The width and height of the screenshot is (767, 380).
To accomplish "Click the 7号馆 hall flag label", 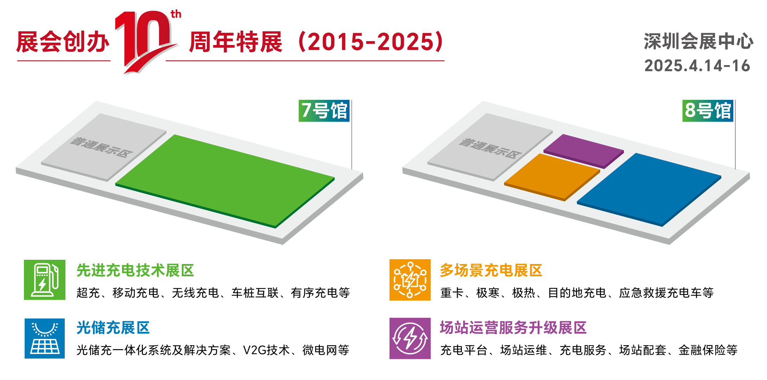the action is (324, 111).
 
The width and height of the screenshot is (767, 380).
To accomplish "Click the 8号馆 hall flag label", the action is (708, 111).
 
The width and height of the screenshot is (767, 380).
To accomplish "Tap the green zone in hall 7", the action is (225, 181).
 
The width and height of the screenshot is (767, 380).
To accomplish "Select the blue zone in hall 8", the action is (649, 189).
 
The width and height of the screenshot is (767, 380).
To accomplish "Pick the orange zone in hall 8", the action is (552, 176).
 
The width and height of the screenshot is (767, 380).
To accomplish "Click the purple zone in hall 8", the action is (584, 151).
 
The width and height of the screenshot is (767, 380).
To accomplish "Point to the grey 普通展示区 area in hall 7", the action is (104, 147).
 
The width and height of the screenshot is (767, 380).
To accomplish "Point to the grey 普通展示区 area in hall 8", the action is (490, 147).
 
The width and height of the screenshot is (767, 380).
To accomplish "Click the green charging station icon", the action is (45, 280).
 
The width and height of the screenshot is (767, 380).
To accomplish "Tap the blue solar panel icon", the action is (45, 339).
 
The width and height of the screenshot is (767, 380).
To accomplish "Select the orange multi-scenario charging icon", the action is (410, 280).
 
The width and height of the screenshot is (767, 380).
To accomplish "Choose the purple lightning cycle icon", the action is (410, 339).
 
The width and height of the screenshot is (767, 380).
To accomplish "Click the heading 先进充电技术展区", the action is (135, 270).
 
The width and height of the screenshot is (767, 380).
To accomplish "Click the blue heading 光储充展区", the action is (113, 328).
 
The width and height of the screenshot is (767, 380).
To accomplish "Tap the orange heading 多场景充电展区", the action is (491, 270).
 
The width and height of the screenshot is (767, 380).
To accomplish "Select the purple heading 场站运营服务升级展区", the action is (513, 328).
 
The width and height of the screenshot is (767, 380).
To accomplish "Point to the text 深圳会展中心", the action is (698, 41).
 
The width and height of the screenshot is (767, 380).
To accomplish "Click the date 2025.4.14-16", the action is (697, 66).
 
